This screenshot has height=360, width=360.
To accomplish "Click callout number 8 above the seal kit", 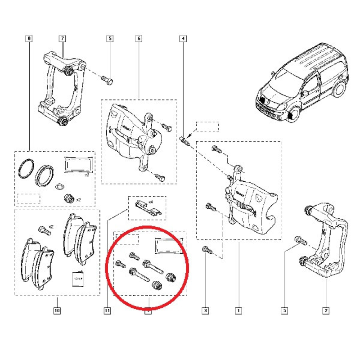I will point(30,39).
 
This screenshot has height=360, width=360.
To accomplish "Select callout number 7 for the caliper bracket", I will point(63,39).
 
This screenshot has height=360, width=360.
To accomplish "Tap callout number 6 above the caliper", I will point(139,39).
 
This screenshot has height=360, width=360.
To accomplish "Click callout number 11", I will point(107,310).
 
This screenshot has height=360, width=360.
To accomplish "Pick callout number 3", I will point(205,310).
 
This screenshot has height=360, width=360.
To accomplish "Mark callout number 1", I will point(238,310).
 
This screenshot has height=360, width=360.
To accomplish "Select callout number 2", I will point(326,310).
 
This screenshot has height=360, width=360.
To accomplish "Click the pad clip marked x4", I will point(142,207).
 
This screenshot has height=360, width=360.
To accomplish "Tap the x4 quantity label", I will point(151,202).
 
